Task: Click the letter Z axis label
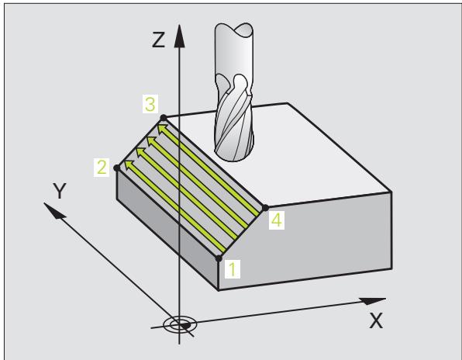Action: (158, 40)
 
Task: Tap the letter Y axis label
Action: (60, 190)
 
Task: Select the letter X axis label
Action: (376, 320)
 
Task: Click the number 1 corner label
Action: (233, 269)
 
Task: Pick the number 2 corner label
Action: (102, 168)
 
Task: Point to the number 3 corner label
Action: (150, 104)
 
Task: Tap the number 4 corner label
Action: (277, 220)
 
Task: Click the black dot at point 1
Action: (219, 258)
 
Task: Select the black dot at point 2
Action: (117, 168)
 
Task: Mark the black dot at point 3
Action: (164, 118)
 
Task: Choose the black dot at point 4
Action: (265, 208)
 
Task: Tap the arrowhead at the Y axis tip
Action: (54, 210)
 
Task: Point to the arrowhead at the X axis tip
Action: (373, 301)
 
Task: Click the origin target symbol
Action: (179, 325)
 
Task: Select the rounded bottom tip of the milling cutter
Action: (234, 156)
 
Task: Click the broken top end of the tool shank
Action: (233, 29)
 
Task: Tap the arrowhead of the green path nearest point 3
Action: (162, 129)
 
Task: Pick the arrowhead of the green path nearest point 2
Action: (129, 164)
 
